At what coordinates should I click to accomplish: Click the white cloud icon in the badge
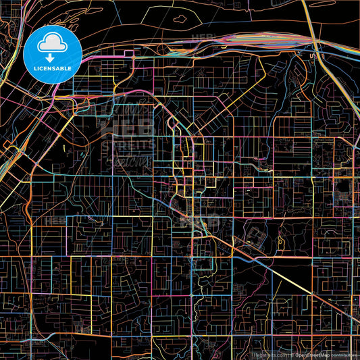tap(52, 44)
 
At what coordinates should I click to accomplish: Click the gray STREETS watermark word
tap(128, 144)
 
